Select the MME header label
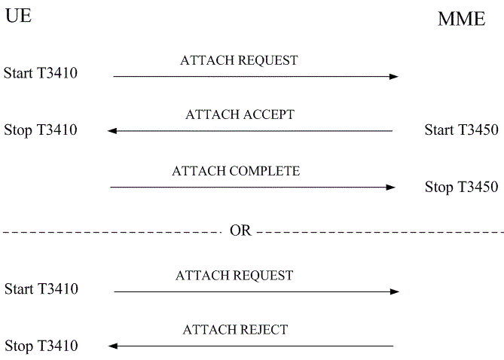coord(461,20)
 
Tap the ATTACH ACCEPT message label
coord(240,115)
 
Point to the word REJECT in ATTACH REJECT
coord(263,330)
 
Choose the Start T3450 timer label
coord(461,130)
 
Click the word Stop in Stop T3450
coord(439,187)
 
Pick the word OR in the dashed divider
coord(240,231)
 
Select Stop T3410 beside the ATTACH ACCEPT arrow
coord(40,130)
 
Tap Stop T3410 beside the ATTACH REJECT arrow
coord(40,346)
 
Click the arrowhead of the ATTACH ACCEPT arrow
coord(111,131)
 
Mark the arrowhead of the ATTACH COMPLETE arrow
coord(391,187)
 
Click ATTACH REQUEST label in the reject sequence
coord(234,276)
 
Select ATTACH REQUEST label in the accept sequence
coord(239,60)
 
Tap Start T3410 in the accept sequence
coord(40,74)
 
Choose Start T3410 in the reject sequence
coord(41,289)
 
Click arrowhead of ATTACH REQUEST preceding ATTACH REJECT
coord(395,291)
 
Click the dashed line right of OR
coord(377,232)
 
